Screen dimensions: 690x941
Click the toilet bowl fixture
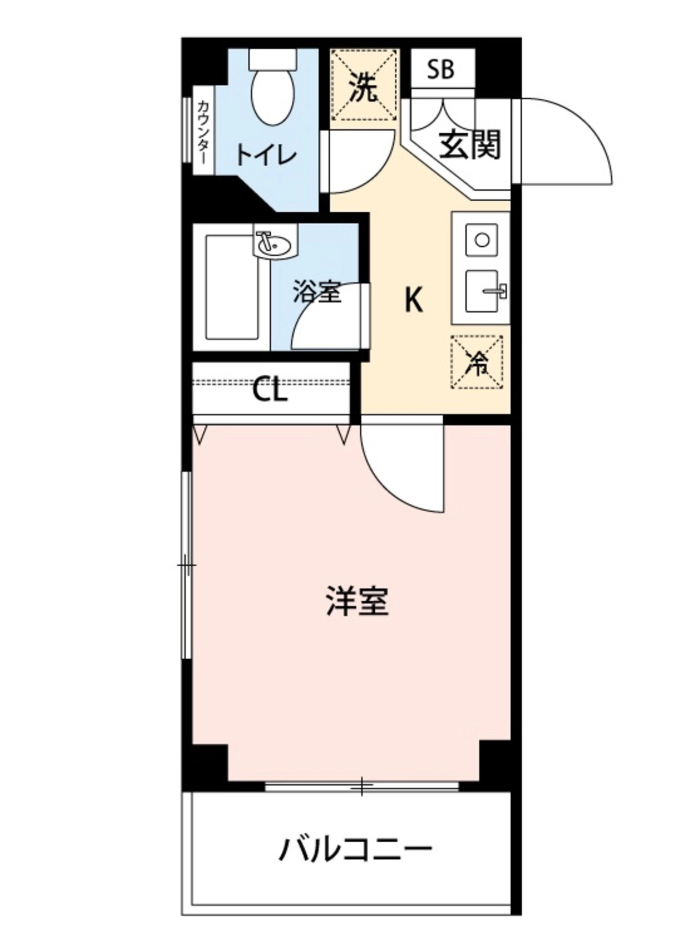click(272, 97)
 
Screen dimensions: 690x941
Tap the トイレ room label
click(266, 155)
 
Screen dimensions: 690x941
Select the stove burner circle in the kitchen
click(481, 240)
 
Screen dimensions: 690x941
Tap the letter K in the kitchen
click(413, 300)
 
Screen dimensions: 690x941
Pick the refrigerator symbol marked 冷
click(477, 362)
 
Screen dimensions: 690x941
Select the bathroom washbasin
click(275, 243)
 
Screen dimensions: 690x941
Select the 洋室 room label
click(358, 601)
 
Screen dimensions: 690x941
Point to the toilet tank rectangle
click(272, 59)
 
